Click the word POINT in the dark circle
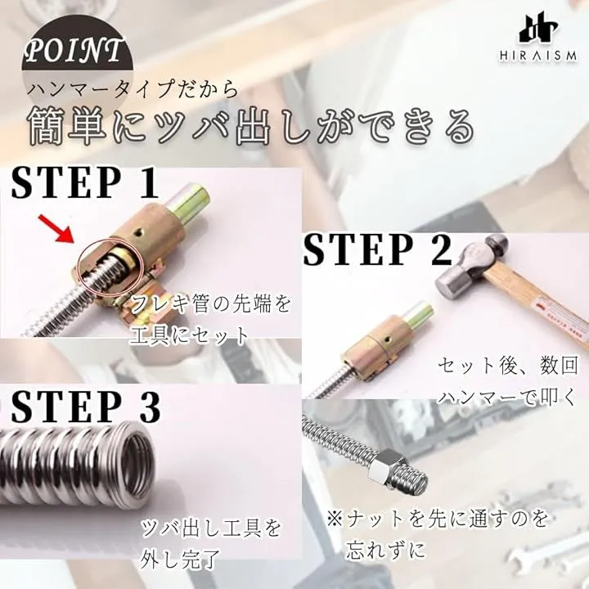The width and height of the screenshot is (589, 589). (x=74, y=51)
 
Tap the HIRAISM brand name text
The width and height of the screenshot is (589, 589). (x=538, y=56)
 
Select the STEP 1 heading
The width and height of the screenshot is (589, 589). (x=84, y=183)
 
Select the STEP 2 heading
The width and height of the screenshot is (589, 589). (x=377, y=249)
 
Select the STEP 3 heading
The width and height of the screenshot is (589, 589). (x=86, y=407)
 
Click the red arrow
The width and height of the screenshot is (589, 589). (x=58, y=230)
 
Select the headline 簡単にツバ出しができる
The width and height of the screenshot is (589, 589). (x=251, y=125)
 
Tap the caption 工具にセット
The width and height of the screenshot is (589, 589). (x=188, y=336)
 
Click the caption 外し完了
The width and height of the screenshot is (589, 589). (x=180, y=558)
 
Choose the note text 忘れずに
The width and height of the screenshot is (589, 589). (x=386, y=549)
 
